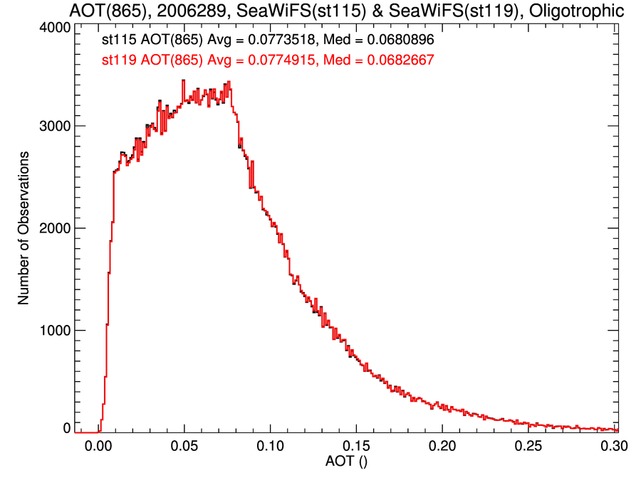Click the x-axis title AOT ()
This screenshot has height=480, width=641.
point(346,462)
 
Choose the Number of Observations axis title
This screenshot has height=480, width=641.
point(24,228)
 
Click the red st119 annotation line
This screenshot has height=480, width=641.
point(268,60)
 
